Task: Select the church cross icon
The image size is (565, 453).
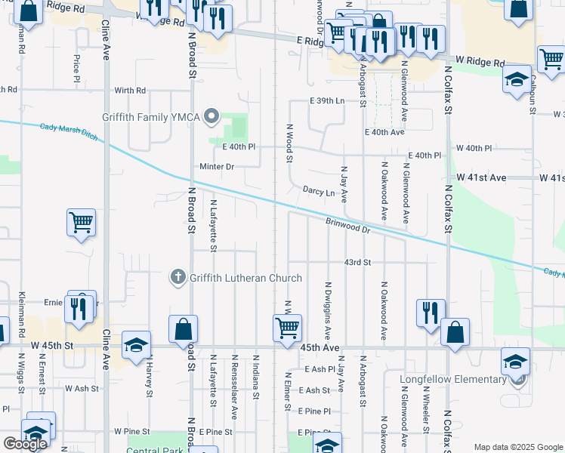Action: tap(178, 278)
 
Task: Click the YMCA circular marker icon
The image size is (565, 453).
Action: tap(212, 117)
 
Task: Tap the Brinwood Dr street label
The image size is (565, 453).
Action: tap(347, 225)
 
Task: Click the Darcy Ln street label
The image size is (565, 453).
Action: tap(318, 192)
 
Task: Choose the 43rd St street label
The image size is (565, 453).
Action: tap(357, 262)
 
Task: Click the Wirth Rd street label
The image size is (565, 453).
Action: tap(130, 91)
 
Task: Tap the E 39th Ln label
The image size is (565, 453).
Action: tap(326, 100)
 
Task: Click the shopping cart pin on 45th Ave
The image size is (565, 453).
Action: tap(287, 328)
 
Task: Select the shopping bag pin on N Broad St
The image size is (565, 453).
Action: tap(183, 329)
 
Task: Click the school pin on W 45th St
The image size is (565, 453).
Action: tap(136, 345)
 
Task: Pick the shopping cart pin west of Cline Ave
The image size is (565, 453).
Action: tap(81, 223)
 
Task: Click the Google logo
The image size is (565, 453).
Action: tap(26, 444)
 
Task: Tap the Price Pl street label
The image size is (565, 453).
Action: tap(77, 68)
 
